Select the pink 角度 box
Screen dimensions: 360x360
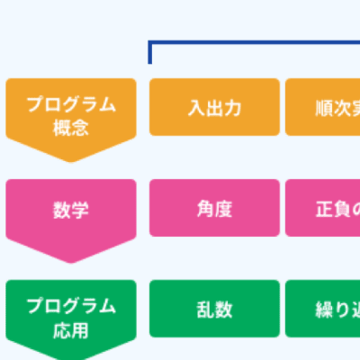(x=214, y=209)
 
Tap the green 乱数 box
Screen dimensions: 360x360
(x=214, y=310)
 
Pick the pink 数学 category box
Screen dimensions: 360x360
(x=71, y=210)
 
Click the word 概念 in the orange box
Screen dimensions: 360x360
(x=71, y=127)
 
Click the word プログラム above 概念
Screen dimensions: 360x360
(x=71, y=103)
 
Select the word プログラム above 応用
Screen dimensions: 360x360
(x=71, y=305)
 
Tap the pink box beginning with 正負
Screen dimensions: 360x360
(x=324, y=209)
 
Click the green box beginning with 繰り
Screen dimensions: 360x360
(x=324, y=310)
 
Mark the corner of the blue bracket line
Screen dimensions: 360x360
(x=150, y=42)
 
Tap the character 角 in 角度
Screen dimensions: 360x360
(x=205, y=209)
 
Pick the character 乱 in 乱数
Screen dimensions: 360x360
(x=205, y=310)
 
